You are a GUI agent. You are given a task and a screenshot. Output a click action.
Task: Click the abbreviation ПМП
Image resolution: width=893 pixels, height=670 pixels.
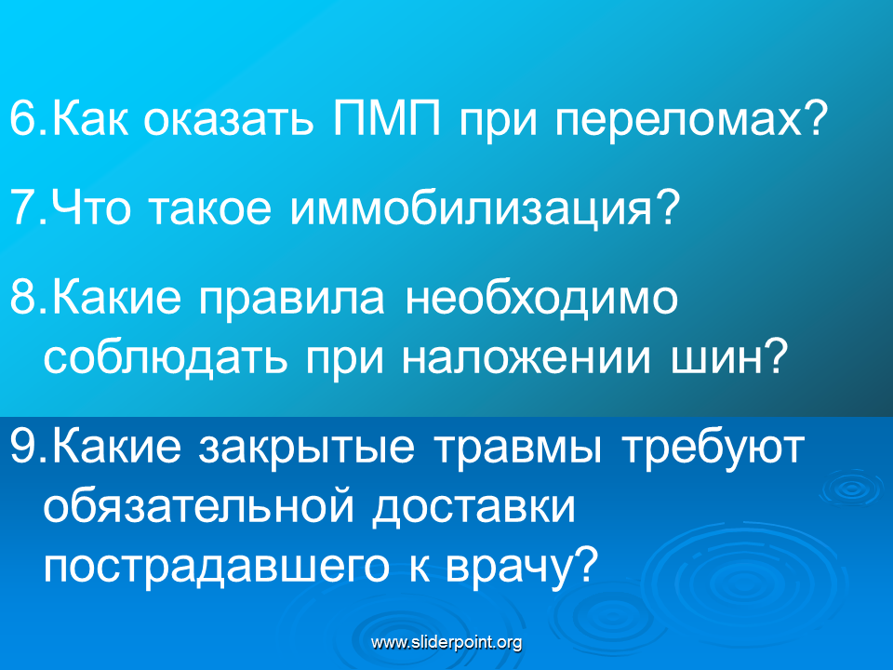(387, 118)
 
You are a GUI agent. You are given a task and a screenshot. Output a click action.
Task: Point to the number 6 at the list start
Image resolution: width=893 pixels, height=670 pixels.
(22, 118)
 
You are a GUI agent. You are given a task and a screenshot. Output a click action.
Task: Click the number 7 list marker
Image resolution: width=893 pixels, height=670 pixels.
(22, 207)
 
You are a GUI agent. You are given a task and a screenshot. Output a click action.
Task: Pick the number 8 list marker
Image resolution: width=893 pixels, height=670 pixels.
(23, 297)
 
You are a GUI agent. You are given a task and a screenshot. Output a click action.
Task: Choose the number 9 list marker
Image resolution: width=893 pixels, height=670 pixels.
(23, 446)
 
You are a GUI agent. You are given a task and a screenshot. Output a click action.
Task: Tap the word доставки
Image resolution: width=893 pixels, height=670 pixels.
(473, 508)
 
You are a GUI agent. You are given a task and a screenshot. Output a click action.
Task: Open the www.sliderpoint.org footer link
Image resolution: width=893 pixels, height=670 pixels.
(446, 643)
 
